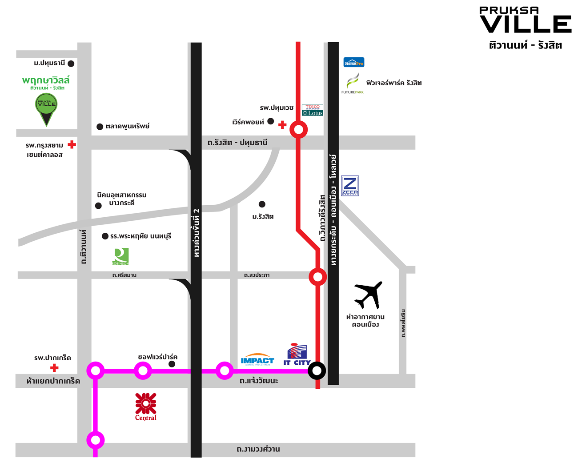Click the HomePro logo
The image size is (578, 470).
(x=354, y=63)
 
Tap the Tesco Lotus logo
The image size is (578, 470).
(x=313, y=110)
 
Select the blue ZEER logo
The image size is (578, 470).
(x=350, y=186)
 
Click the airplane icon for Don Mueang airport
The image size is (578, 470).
(x=369, y=295)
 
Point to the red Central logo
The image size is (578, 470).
(x=146, y=406)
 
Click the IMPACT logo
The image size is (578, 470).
(x=257, y=360)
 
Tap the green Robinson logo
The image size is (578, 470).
(x=120, y=257)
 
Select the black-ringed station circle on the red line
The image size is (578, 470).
(x=317, y=370)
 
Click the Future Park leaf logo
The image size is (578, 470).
(x=353, y=83)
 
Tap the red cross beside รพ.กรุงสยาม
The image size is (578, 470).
(x=72, y=144)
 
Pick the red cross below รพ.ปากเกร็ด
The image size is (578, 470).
(x=54, y=368)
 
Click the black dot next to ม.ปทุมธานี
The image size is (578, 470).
(x=71, y=64)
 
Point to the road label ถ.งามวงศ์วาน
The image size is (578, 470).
(x=258, y=449)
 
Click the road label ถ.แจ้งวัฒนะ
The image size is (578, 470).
(x=259, y=381)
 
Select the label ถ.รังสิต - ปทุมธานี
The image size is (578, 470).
(x=237, y=143)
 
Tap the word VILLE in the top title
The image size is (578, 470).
(x=526, y=24)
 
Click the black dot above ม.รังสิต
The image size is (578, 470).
(x=262, y=204)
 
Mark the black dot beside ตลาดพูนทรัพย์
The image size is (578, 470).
(x=100, y=127)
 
